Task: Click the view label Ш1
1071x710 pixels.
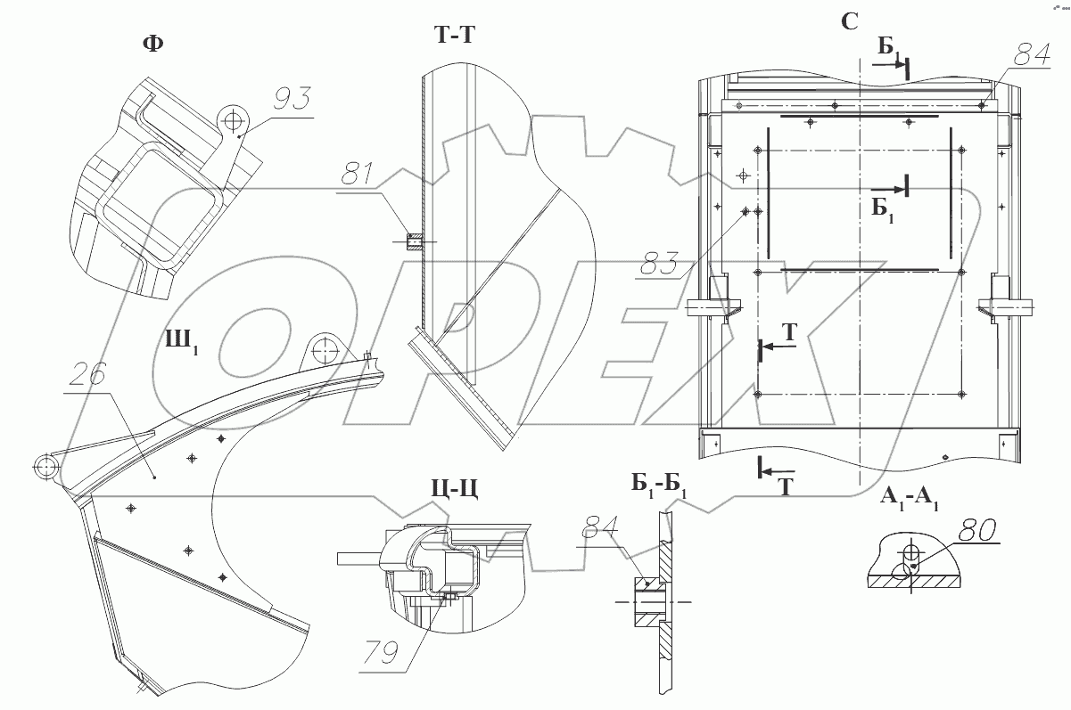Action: (179, 341)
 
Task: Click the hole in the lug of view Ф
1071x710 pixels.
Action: (235, 118)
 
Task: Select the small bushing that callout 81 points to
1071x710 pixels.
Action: (414, 241)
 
